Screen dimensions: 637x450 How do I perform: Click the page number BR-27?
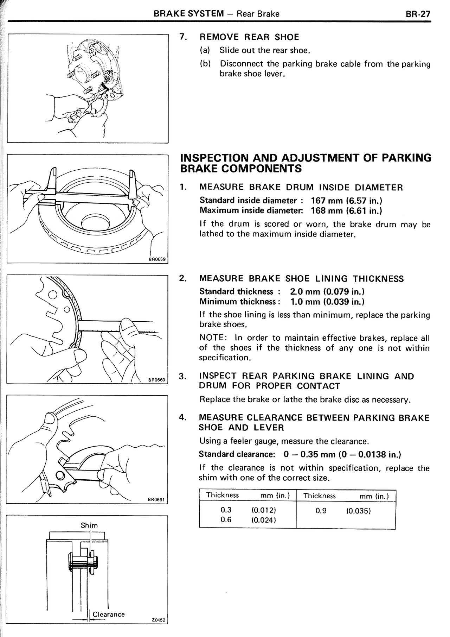418,14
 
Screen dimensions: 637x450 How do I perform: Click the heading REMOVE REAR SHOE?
249,37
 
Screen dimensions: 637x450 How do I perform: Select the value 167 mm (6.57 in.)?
346,201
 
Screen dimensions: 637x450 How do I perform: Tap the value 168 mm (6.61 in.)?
346,210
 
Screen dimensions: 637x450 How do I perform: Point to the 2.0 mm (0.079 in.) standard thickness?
327,291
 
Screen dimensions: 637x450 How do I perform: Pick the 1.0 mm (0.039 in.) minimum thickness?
327,302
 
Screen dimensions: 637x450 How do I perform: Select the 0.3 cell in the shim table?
226,510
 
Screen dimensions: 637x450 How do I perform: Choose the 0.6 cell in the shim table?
226,520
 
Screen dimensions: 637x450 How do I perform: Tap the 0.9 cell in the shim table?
321,511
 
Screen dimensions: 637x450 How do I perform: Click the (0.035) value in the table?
359,511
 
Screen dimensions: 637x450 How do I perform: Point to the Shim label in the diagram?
89,525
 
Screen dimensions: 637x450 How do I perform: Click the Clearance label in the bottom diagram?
109,614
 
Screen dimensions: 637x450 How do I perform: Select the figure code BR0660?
157,380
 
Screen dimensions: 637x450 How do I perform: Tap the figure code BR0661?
157,499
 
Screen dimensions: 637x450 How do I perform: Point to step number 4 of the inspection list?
182,418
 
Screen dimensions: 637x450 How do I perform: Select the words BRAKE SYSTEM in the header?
189,14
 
